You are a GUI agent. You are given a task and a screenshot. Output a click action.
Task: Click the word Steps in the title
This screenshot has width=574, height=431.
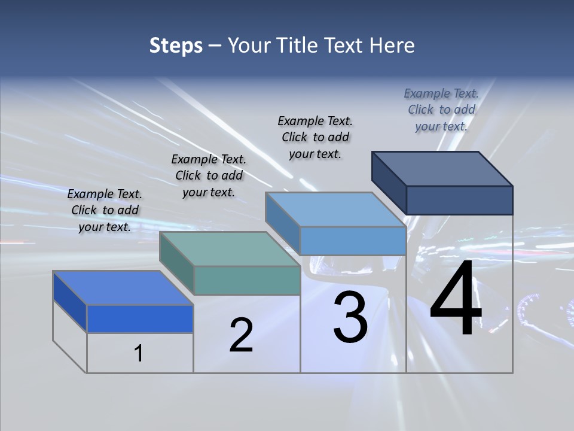(x=176, y=45)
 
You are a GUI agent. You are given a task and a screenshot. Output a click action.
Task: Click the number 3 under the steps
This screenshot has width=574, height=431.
(x=350, y=317)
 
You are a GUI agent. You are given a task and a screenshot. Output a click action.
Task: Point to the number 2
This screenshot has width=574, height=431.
(x=241, y=335)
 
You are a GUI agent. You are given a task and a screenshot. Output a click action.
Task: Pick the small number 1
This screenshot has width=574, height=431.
(x=138, y=354)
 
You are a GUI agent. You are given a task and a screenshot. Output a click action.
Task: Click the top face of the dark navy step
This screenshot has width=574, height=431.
(x=442, y=169)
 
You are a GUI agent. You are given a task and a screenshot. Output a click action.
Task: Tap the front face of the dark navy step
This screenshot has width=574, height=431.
(x=459, y=200)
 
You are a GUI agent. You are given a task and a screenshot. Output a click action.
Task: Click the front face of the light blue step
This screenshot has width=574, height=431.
(x=353, y=241)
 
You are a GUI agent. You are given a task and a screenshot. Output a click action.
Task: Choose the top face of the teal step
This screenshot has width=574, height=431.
(x=230, y=249)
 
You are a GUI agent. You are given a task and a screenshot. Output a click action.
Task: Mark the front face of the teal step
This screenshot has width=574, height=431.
(x=246, y=280)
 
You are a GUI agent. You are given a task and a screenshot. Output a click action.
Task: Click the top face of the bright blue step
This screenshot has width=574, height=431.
(x=123, y=288)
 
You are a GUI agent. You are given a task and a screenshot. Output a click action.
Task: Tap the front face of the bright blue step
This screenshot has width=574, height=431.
(x=140, y=318)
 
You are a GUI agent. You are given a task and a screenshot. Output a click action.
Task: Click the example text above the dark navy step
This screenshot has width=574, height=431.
(x=441, y=110)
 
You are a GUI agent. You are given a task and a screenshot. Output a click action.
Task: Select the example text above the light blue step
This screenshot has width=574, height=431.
(x=315, y=137)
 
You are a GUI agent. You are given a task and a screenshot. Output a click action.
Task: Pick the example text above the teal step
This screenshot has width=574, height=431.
(x=209, y=175)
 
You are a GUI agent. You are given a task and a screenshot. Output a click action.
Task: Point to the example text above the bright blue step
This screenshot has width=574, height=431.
(x=105, y=210)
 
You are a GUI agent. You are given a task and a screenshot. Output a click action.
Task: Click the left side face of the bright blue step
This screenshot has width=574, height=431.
(x=70, y=302)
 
